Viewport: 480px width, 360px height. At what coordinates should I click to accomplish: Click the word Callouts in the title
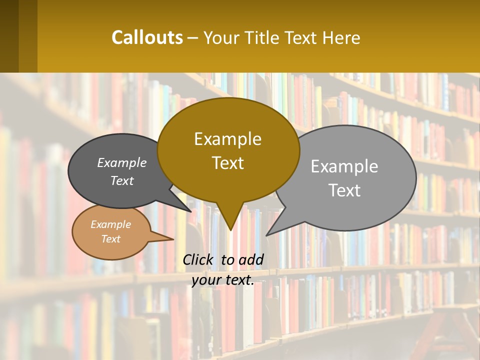point(147,37)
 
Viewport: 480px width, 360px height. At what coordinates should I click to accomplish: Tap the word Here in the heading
point(342,38)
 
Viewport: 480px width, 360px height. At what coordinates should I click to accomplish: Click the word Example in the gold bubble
point(227,139)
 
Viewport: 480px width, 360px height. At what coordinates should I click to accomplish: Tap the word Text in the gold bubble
point(227,163)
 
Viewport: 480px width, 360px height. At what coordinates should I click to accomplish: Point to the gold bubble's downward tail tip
point(230,229)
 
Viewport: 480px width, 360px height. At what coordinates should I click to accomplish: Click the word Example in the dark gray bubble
point(122,163)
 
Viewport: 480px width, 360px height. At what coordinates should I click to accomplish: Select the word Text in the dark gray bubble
point(122,181)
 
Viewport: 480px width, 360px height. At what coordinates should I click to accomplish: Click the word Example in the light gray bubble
point(344,166)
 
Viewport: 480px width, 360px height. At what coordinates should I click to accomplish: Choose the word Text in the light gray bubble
point(344,190)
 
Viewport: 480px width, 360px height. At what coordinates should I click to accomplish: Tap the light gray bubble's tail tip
point(267,234)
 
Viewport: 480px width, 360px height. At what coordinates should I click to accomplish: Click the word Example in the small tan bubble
point(110,224)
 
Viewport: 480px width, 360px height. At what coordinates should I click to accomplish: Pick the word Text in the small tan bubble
point(110,239)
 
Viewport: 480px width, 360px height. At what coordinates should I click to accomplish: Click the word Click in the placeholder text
point(198,259)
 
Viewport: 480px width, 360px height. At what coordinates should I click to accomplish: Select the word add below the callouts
point(250,259)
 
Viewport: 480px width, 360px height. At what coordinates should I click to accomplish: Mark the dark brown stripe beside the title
point(9,36)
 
